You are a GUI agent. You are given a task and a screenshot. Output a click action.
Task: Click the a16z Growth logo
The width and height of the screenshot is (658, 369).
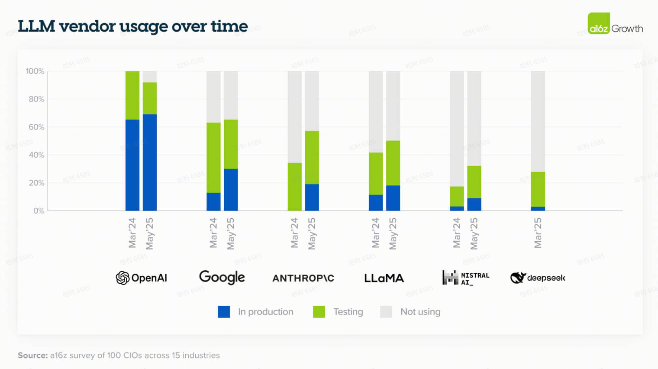point(615,24)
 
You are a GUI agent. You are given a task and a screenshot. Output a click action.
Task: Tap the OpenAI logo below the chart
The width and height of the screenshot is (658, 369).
point(142,278)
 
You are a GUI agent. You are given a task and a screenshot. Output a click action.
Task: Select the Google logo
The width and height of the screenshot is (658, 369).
point(222,277)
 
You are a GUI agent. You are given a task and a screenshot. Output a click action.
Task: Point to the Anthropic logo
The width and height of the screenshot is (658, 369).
point(303,278)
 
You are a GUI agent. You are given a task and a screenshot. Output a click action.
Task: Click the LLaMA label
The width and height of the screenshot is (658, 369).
point(384,278)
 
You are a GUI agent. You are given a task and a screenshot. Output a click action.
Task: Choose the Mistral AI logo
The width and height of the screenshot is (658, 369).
point(466,278)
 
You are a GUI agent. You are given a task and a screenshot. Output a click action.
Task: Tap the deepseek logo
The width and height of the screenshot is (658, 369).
point(538,278)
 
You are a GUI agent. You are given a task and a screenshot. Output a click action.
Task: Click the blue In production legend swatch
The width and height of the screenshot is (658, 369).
point(224,312)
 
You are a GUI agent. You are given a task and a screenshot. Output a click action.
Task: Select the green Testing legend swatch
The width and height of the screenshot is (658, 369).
point(319,312)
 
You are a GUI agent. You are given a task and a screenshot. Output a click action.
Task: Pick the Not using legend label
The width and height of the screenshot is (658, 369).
point(420,312)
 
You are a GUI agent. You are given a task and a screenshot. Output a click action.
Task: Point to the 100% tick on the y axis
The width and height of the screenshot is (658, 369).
point(35,71)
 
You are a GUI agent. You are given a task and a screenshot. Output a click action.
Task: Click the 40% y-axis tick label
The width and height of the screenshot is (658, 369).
point(36,155)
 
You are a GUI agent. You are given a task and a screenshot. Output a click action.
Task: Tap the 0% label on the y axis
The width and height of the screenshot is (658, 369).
point(39,211)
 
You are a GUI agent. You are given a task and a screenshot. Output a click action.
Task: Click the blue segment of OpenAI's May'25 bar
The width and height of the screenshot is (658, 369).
point(150,162)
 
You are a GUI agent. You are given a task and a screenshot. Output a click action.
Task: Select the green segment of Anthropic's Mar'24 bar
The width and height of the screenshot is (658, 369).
point(295,187)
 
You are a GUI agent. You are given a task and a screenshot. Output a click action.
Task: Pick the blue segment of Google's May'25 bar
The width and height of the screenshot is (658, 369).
point(231,190)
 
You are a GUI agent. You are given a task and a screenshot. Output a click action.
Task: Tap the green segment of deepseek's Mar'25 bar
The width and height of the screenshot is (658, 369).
point(538,189)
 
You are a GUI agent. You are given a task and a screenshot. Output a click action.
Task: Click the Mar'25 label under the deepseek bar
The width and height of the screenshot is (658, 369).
point(538,233)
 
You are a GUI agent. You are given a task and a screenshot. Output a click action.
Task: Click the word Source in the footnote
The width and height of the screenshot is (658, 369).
point(32,356)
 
